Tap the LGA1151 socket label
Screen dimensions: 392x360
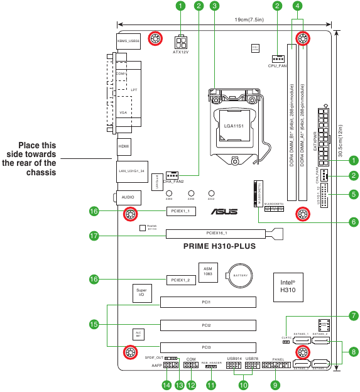click(x=233, y=126)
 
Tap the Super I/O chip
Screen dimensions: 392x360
click(x=141, y=292)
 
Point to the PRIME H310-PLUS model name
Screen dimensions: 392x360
click(x=219, y=247)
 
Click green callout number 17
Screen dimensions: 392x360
click(x=95, y=236)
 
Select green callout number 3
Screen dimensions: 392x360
click(x=215, y=6)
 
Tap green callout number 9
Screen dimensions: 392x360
click(x=275, y=384)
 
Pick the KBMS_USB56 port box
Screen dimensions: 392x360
click(x=128, y=41)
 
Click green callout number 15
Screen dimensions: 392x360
click(x=95, y=325)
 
